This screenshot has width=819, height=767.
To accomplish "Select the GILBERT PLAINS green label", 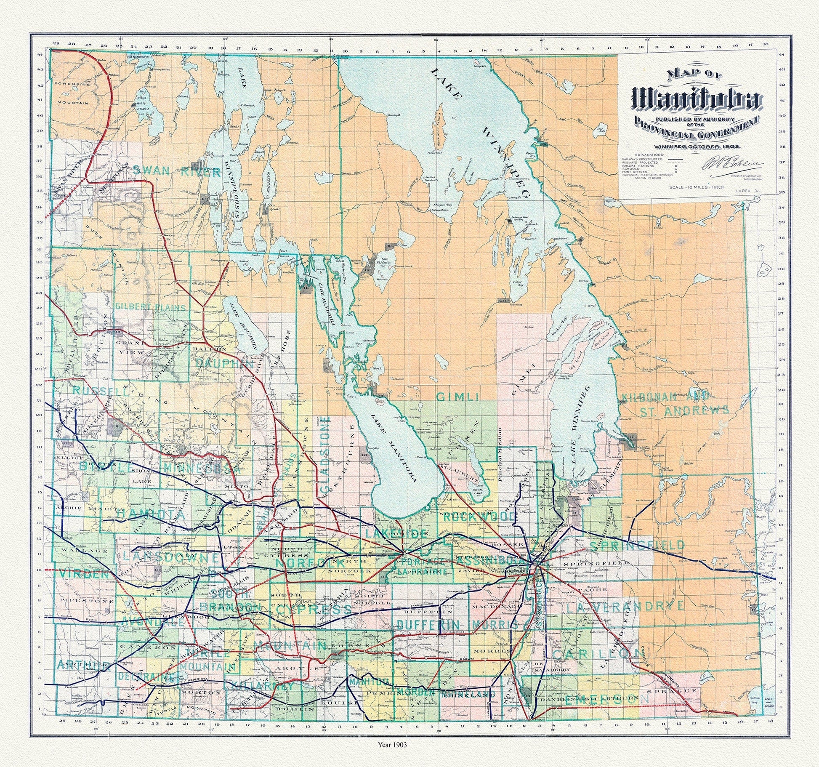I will pos(151,307).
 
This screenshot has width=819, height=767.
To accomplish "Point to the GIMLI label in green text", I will pos(457,397).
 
